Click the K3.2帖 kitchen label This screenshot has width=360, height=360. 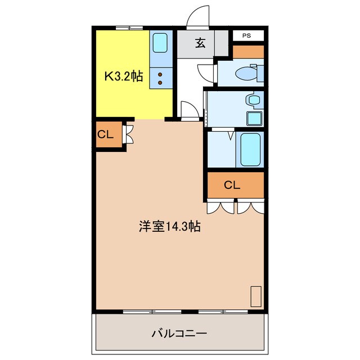(x=124, y=76)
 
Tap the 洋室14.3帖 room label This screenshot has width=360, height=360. (x=170, y=227)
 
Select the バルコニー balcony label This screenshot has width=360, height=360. (x=179, y=333)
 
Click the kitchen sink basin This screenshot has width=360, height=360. (x=160, y=43)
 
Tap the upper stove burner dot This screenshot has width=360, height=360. (x=160, y=75)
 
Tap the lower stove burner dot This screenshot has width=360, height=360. (x=160, y=83)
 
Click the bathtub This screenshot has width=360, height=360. (x=250, y=150)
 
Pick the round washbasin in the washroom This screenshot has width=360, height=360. (x=254, y=100)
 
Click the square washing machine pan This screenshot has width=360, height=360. (x=254, y=119)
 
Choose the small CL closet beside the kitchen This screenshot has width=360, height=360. (x=109, y=134)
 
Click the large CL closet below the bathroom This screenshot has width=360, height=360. (x=236, y=185)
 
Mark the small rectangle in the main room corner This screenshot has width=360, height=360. (x=256, y=296)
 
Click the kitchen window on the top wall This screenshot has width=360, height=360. (x=129, y=28)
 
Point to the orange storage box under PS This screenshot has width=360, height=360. (x=248, y=52)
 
